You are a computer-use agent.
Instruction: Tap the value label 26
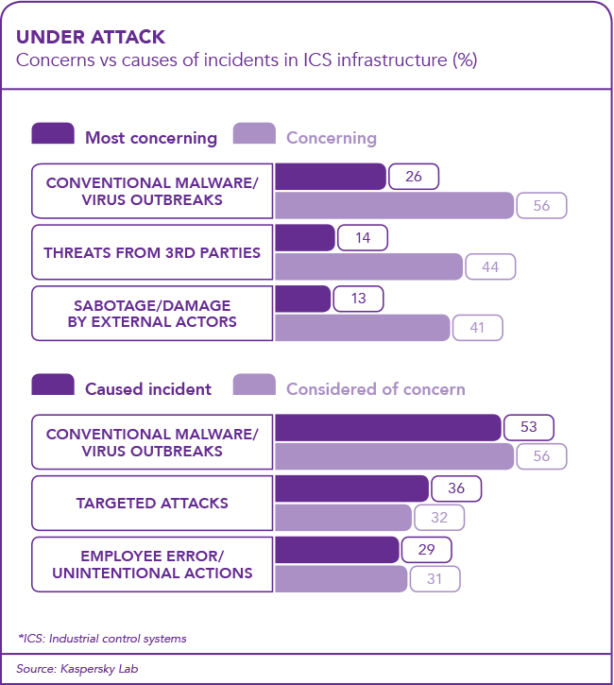point(413,177)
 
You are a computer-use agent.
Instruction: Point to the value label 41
point(477,328)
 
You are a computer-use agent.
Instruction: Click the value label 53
point(528,427)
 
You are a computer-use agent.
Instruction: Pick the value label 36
point(456,488)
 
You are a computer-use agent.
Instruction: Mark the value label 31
point(435,578)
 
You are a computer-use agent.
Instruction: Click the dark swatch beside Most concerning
point(53,136)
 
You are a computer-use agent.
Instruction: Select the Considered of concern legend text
point(375,388)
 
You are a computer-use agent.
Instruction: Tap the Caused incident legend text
point(148,388)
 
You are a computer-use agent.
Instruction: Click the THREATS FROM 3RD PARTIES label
point(152,252)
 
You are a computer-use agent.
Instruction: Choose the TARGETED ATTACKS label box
point(152,503)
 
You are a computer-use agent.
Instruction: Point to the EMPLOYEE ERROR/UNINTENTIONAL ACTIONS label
point(152,564)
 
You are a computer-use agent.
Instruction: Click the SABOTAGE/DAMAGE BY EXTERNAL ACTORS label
point(152,314)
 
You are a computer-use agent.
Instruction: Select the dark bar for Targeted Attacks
point(350,488)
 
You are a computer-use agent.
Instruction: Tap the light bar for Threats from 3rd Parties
point(368,266)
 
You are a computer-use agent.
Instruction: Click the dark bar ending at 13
point(302,300)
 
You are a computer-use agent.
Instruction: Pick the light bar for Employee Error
point(341,578)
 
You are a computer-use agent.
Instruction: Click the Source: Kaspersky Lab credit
point(62,668)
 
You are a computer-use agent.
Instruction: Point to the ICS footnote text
point(102,638)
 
